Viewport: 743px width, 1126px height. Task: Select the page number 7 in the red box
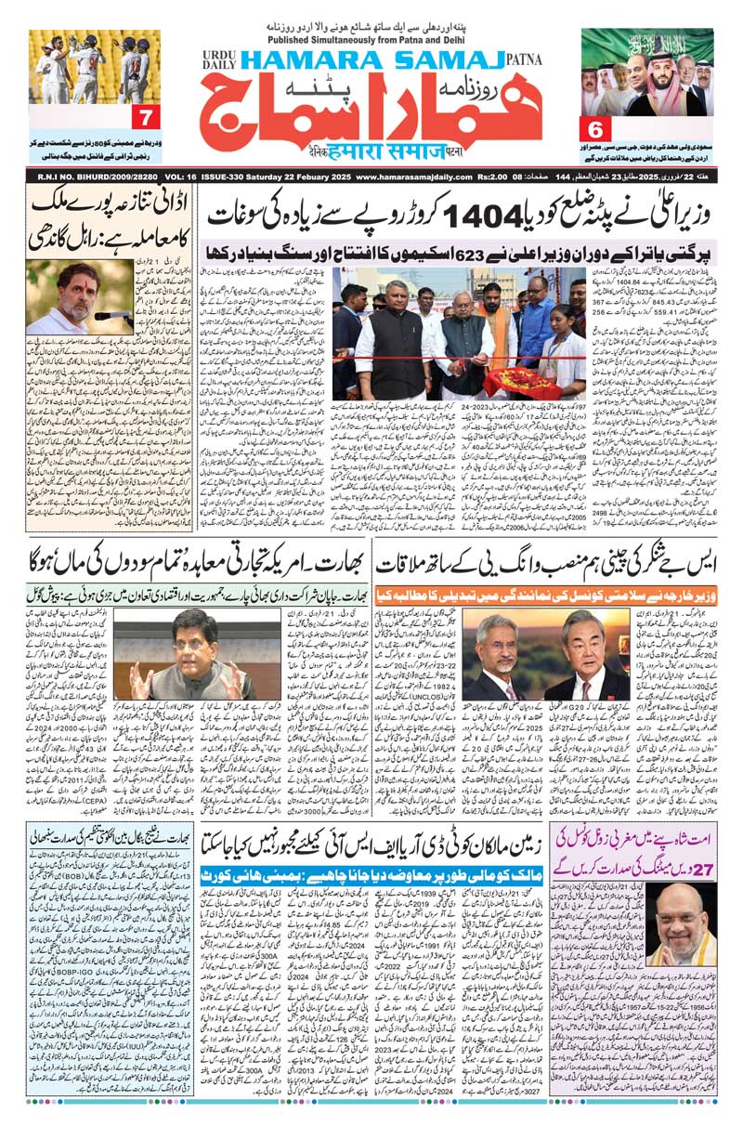(145, 118)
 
